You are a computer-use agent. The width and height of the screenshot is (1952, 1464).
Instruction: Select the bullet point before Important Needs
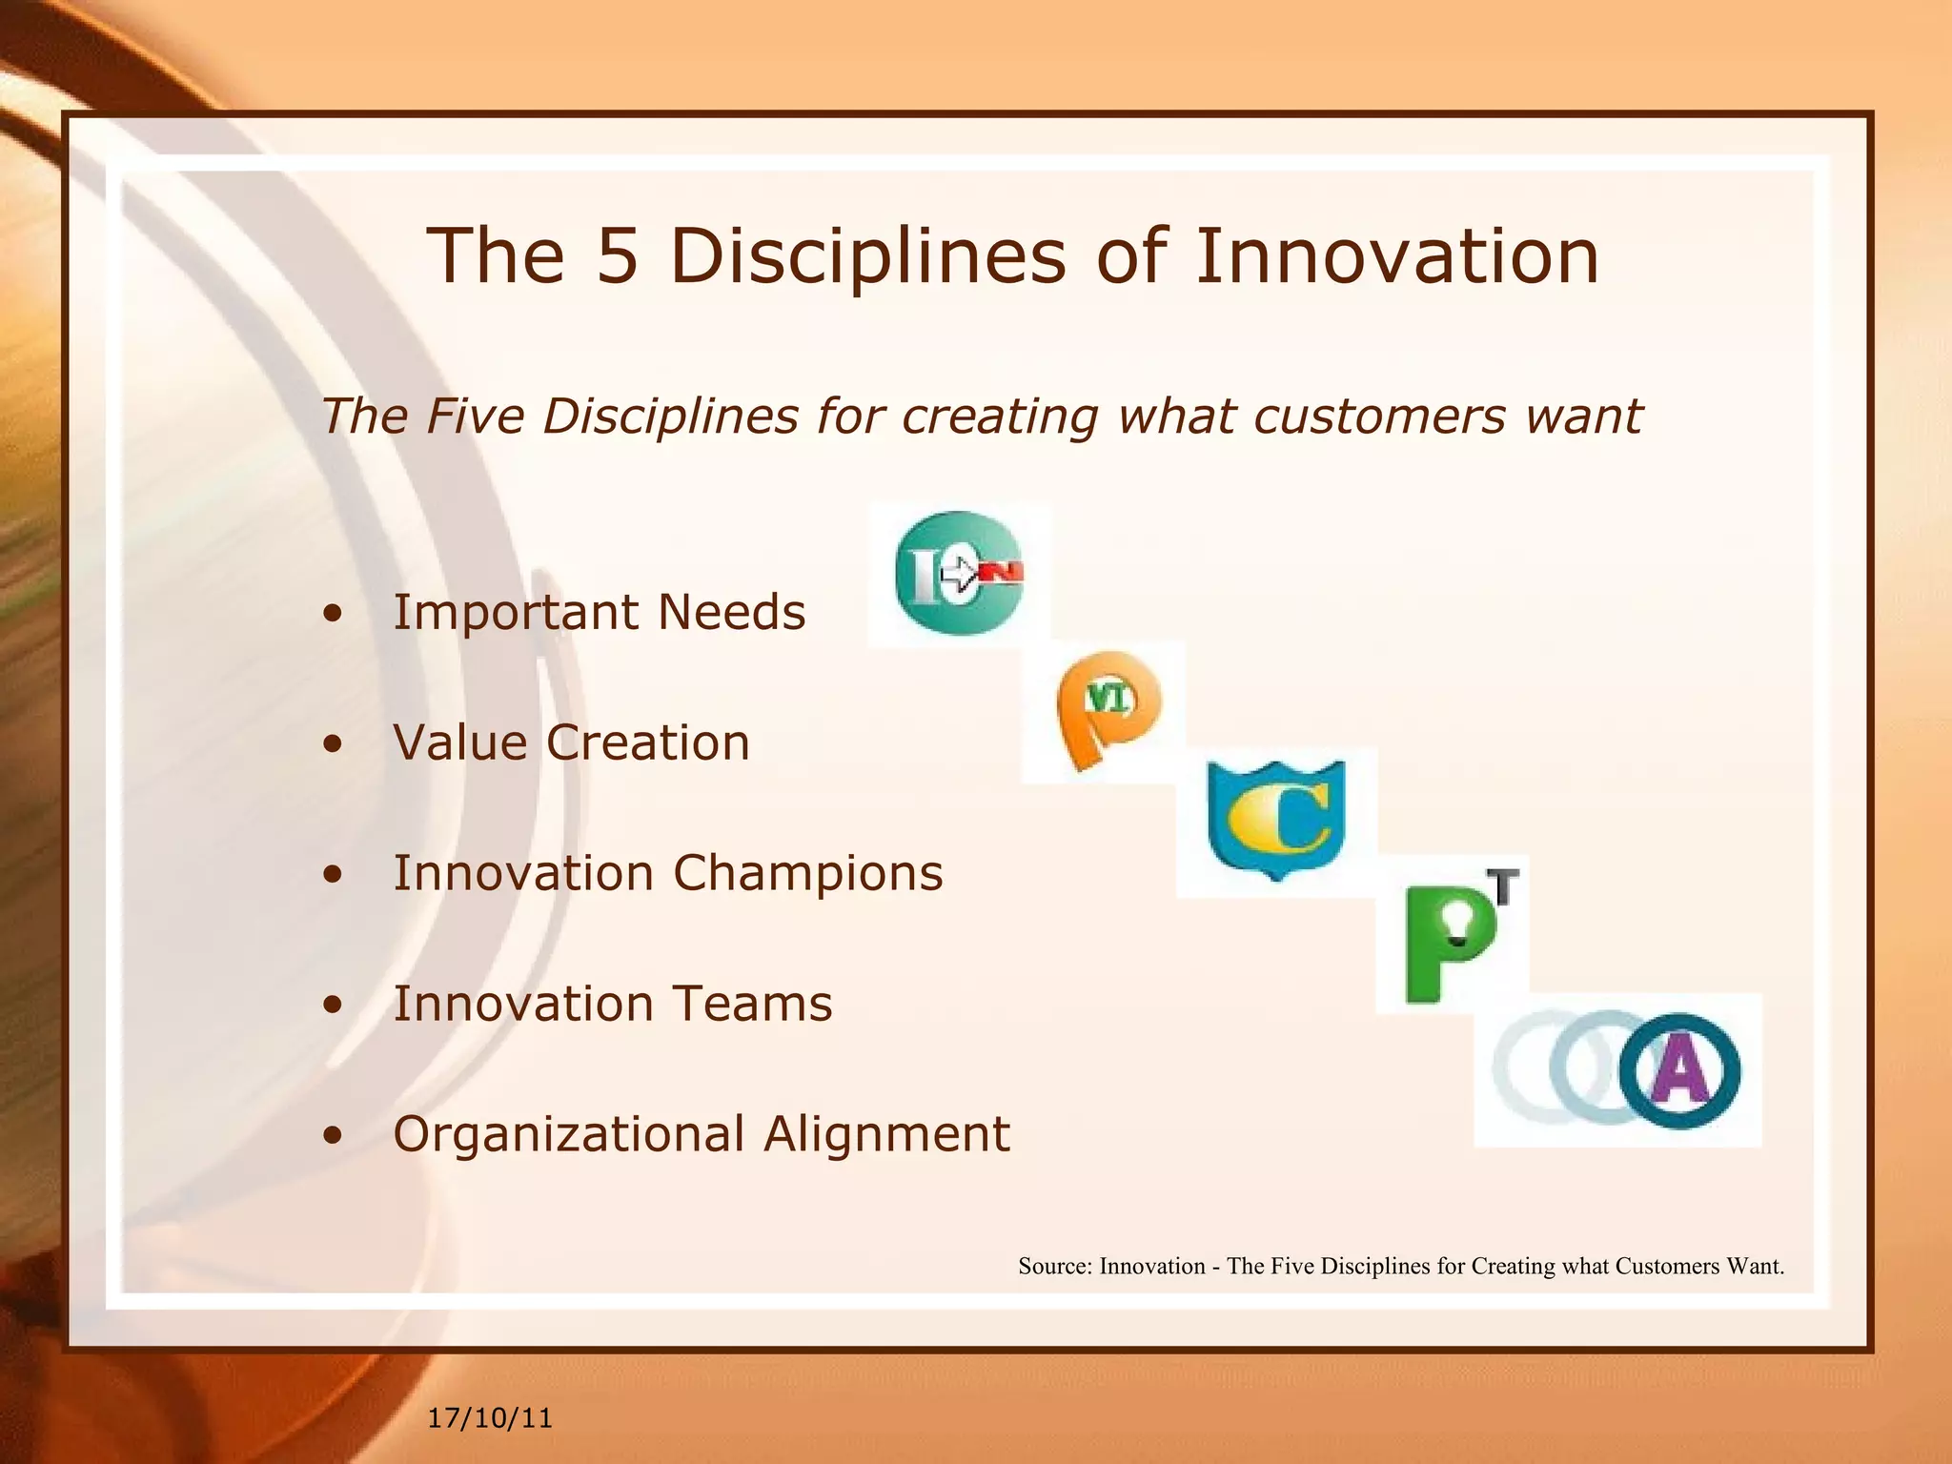pyautogui.click(x=332, y=613)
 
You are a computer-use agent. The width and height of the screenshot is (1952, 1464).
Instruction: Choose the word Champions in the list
pyautogui.click(x=807, y=874)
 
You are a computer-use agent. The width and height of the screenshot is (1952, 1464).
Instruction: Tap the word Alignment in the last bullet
pyautogui.click(x=885, y=1134)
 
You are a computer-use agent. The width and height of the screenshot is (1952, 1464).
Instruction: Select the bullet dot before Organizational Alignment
pyautogui.click(x=332, y=1135)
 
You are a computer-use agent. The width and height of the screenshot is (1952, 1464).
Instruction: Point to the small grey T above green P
pyautogui.click(x=1503, y=886)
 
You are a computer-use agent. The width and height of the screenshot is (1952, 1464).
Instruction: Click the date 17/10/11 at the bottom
pyautogui.click(x=490, y=1418)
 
